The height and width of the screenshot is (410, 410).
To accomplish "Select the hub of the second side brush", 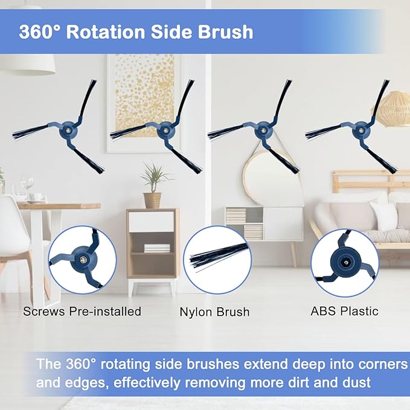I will click(x=164, y=130).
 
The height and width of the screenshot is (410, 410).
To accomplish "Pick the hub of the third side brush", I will click(x=261, y=130).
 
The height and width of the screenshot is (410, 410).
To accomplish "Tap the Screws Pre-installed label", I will click(x=82, y=312).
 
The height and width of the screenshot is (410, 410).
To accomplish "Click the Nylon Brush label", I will click(x=214, y=313).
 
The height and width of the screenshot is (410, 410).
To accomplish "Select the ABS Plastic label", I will click(x=344, y=312).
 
